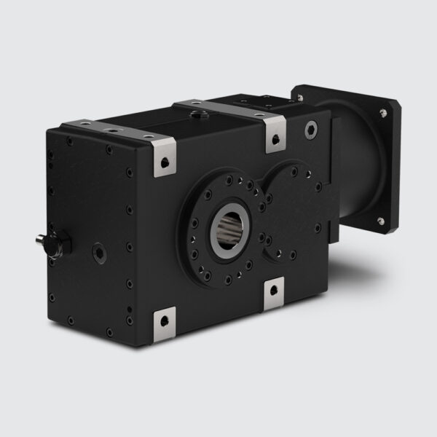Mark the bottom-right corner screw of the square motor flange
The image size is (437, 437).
379,221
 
